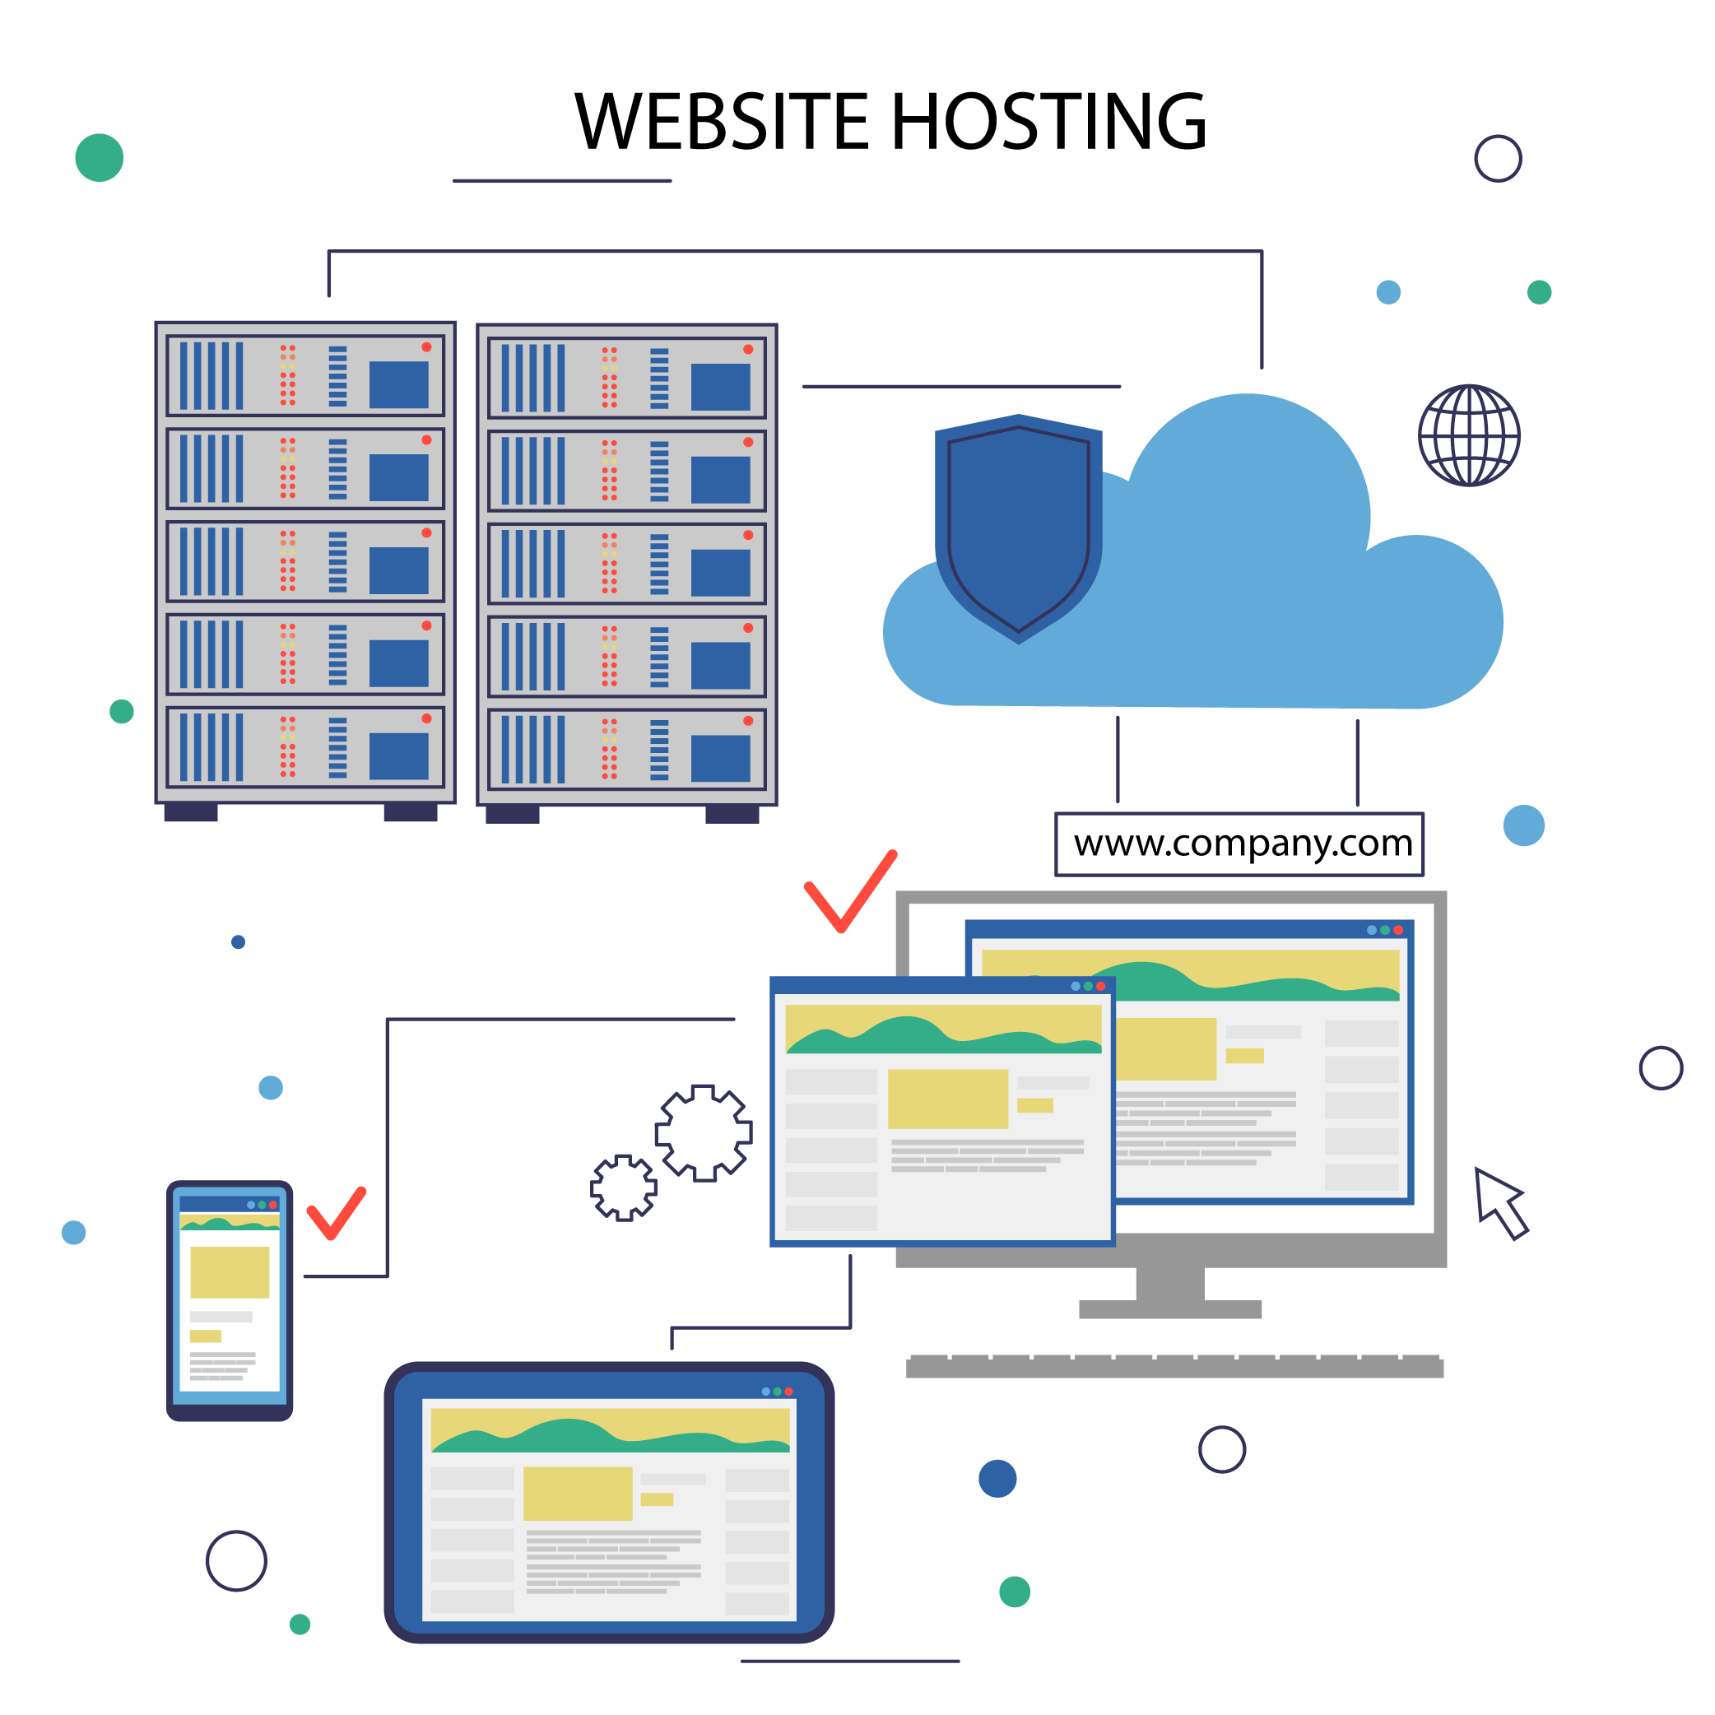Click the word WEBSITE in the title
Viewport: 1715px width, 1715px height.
[722, 122]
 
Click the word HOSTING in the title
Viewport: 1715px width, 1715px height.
[1048, 122]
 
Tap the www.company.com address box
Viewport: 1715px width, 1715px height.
[1239, 844]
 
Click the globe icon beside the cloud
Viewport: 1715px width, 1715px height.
[1468, 435]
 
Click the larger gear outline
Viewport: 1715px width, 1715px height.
[703, 1132]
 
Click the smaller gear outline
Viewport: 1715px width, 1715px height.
[623, 1187]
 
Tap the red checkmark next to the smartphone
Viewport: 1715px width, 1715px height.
[336, 1212]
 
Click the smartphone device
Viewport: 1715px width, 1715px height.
[229, 1301]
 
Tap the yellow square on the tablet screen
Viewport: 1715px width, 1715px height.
[577, 1494]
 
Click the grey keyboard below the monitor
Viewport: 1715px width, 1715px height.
[1174, 1367]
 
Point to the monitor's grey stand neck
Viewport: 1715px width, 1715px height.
[1170, 1284]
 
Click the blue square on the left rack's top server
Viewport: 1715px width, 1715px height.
[398, 384]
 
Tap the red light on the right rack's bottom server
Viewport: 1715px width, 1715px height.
[747, 721]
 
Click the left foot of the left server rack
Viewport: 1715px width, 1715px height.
[191, 812]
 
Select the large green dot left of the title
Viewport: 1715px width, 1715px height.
[100, 158]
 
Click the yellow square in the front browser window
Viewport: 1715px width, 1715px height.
[947, 1099]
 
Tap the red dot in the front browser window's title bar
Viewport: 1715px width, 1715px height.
[1101, 986]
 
